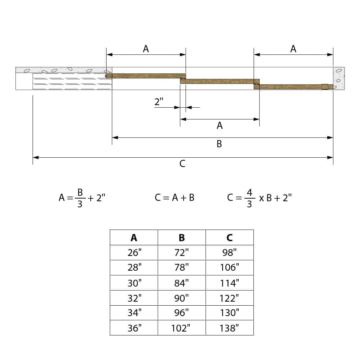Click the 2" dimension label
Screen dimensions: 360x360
click(159, 102)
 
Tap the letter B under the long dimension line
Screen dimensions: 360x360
click(219, 144)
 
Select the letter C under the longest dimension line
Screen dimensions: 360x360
click(183, 164)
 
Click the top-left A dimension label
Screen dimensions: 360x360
click(146, 49)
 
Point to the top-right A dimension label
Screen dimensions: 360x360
click(293, 49)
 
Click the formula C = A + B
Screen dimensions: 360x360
click(175, 198)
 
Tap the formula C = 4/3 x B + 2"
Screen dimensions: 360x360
click(259, 198)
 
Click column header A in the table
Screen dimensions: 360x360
click(134, 238)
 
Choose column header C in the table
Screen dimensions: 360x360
click(229, 238)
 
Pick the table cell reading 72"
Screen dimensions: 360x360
click(182, 253)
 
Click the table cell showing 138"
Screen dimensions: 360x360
click(229, 328)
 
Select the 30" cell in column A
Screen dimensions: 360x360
click(134, 283)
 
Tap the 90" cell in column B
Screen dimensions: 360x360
click(182, 298)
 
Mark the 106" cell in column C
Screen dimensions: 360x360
click(229, 268)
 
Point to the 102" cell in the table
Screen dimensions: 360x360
click(182, 328)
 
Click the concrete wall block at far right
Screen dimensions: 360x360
click(339, 78)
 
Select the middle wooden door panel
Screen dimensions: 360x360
click(220, 81)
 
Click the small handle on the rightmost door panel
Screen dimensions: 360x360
click(325, 87)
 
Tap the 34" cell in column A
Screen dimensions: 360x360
click(134, 313)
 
